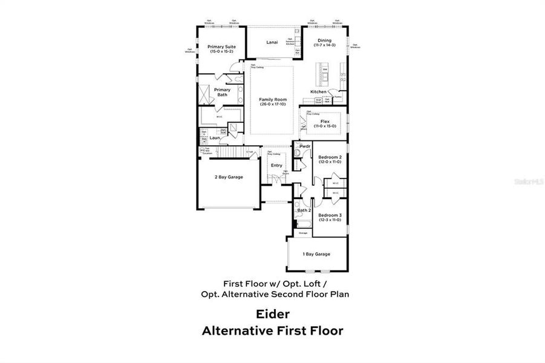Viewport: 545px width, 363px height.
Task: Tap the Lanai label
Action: pyautogui.click(x=272, y=42)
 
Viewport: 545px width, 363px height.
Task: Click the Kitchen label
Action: pyautogui.click(x=318, y=92)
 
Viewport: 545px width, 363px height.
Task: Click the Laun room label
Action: pyautogui.click(x=214, y=137)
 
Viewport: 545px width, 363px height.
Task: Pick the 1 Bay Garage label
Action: pyautogui.click(x=316, y=254)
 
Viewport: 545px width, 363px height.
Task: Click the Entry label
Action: pyautogui.click(x=276, y=165)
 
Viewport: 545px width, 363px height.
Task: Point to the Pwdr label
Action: pyautogui.click(x=305, y=146)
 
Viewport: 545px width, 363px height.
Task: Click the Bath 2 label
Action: pyautogui.click(x=304, y=210)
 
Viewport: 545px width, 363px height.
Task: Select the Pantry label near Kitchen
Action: pyautogui.click(x=338, y=96)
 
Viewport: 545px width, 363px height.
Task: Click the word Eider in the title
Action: pyautogui.click(x=272, y=315)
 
